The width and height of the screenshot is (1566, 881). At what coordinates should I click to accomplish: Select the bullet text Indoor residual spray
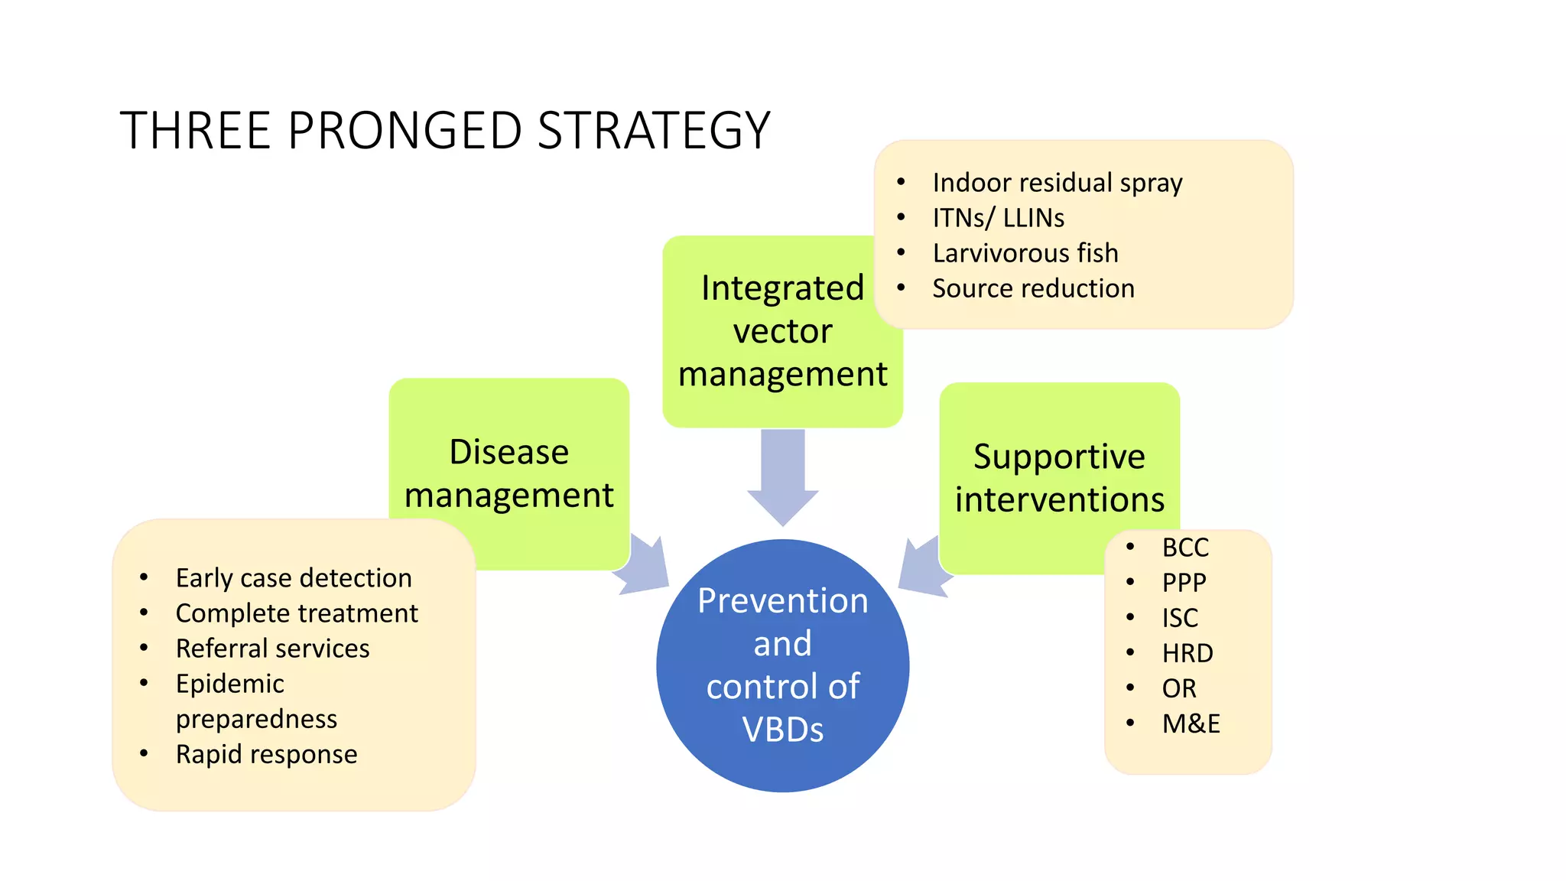point(1057,183)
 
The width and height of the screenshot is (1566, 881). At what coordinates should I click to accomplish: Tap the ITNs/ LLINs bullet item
point(998,218)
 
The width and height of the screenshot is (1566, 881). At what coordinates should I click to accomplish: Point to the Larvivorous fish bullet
point(1025,253)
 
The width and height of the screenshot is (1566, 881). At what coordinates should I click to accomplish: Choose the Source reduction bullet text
point(1033,288)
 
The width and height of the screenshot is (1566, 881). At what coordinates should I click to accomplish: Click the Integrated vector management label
point(782,331)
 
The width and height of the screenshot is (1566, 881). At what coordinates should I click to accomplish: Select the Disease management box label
point(508,473)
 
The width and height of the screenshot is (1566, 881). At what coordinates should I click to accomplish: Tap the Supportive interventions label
point(1059,478)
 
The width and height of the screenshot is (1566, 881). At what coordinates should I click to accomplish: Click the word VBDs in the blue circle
point(782,729)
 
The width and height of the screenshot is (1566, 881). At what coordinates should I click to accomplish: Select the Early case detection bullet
point(294,578)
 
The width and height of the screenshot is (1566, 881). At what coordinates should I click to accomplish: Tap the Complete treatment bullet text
point(297,613)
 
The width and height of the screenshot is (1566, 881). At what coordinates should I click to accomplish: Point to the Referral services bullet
point(272,649)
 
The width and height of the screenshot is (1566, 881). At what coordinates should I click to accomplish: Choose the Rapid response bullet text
point(266,754)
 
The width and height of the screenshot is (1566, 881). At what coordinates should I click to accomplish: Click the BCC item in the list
point(1185,548)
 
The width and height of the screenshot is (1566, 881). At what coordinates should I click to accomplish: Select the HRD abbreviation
point(1187,653)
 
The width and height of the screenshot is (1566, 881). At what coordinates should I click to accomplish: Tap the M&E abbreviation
point(1191,723)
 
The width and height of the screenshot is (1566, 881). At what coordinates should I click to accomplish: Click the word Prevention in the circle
point(782,600)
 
